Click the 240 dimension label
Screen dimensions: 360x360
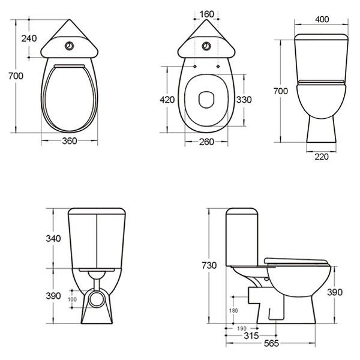coord(29,38)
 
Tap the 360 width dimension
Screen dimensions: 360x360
coord(70,141)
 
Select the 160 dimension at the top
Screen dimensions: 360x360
coord(206,14)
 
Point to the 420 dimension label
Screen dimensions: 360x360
coord(167,100)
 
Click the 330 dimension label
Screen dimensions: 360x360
coord(244,100)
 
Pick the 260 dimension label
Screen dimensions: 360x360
coord(206,142)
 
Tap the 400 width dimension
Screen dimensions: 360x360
coord(322,20)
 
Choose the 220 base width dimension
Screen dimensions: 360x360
coord(322,157)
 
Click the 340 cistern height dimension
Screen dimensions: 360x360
coord(53,239)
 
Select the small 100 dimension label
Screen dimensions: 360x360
coord(72,299)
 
